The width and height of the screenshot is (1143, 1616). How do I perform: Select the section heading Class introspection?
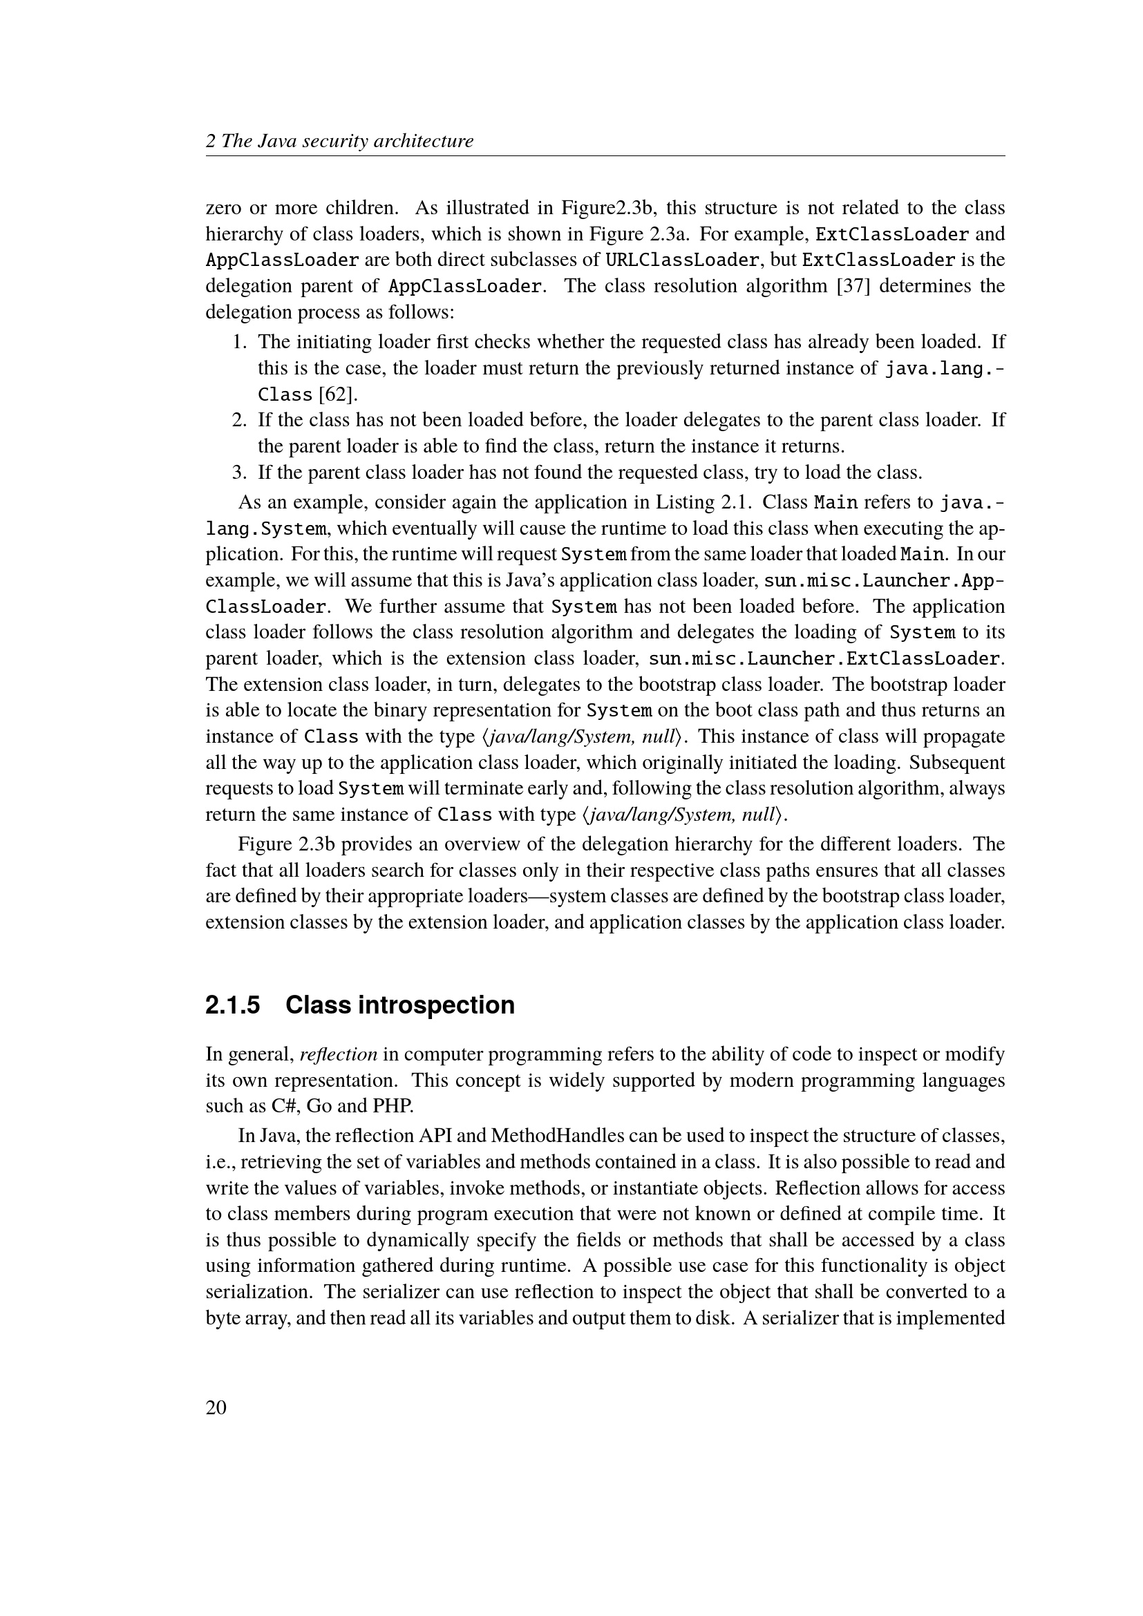[399, 1005]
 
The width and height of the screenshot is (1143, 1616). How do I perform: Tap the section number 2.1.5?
[233, 1005]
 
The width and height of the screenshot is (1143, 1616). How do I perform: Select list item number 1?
[240, 342]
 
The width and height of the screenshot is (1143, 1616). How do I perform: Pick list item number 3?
[240, 473]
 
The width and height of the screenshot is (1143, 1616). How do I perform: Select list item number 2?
[240, 420]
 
